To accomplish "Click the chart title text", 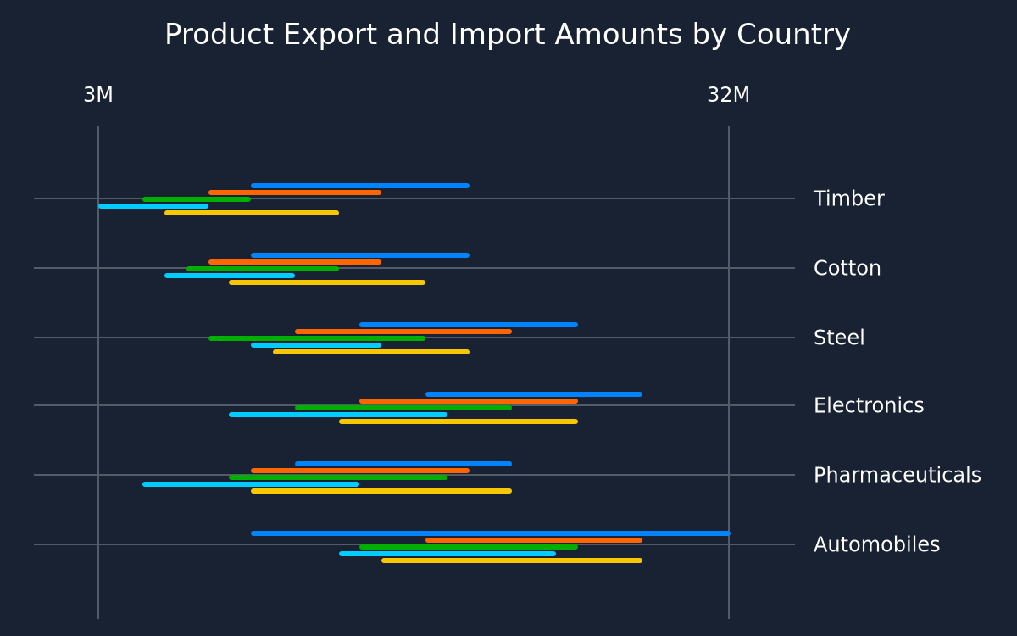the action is pos(507,35).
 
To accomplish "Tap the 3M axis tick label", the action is pos(98,95).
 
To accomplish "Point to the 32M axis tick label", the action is pos(728,95).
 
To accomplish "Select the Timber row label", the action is pos(848,198).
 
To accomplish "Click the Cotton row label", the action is pos(847,268).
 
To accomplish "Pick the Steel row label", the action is pos(839,338).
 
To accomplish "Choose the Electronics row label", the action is pos(869,405).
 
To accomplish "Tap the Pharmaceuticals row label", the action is pos(898,475).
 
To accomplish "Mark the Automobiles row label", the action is pos(876,544).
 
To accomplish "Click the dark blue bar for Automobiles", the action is pos(491,533).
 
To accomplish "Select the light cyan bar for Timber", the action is pos(153,206).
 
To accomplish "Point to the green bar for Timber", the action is pos(197,199).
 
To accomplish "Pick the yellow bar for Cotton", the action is pos(327,282).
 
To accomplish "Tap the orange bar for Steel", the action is pos(403,332).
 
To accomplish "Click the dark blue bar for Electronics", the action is pos(534,394).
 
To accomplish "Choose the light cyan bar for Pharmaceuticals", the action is pos(251,484).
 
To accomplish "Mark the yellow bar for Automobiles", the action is pos(512,561).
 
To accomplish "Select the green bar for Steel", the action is pos(317,338).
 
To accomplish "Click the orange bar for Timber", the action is pos(295,192).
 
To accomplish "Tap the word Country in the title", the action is pos(793,35).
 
